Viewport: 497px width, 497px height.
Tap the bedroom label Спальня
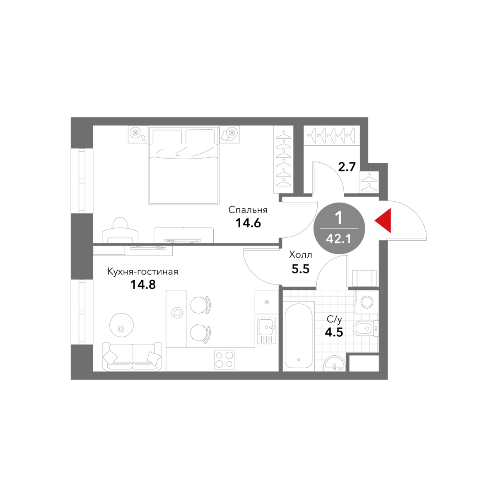pyautogui.click(x=248, y=210)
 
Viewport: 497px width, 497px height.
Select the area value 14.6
pyautogui.click(x=248, y=223)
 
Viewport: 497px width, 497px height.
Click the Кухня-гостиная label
pyautogui.click(x=142, y=272)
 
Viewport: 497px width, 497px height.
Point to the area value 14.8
pyautogui.click(x=143, y=285)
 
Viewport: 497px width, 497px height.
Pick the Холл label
pyautogui.click(x=300, y=255)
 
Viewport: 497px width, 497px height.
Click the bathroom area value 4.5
pyautogui.click(x=334, y=332)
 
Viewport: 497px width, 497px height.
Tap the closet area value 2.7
pyautogui.click(x=347, y=167)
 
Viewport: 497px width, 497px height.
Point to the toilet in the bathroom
pyautogui.click(x=365, y=328)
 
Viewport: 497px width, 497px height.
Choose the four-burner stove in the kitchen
pyautogui.click(x=224, y=359)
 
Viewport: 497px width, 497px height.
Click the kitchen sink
pyautogui.click(x=267, y=331)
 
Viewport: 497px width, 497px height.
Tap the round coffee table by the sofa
pyautogui.click(x=121, y=325)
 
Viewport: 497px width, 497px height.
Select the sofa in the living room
pyautogui.click(x=132, y=357)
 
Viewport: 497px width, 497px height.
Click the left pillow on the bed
pyautogui.click(x=167, y=137)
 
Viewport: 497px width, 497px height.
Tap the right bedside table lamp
pyautogui.click(x=232, y=133)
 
